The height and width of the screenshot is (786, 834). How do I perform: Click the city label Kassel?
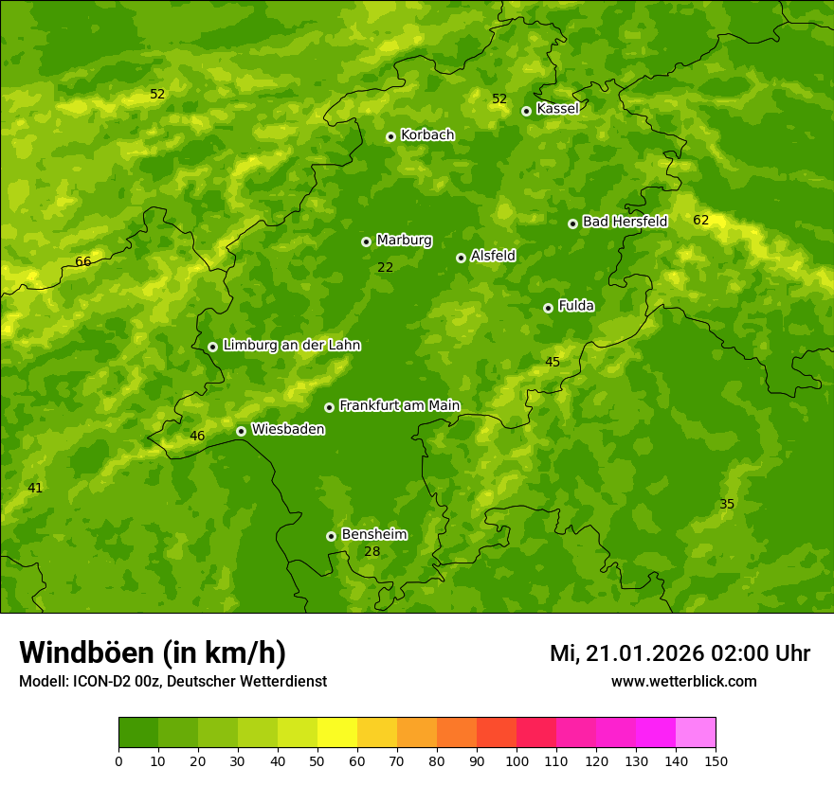point(557,109)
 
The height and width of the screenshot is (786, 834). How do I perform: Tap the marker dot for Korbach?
point(390,136)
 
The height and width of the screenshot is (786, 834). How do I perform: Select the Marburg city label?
point(404,241)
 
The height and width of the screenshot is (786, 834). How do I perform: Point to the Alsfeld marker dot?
point(461,258)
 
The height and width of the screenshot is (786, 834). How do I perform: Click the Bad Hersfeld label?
point(625,222)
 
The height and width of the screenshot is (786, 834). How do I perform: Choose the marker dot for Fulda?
point(548,308)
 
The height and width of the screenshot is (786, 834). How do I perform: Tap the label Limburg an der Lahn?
point(291,346)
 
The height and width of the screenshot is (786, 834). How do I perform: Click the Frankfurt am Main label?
point(399,406)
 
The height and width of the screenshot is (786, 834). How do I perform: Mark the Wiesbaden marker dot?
point(241,431)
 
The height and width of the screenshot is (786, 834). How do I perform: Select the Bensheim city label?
point(373,535)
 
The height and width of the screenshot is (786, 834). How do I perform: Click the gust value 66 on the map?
point(83,261)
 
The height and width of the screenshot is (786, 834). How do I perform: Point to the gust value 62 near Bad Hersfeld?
point(700,220)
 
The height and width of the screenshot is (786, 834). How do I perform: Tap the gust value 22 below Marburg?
point(385,268)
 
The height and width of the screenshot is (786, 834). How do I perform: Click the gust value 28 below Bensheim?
point(372,552)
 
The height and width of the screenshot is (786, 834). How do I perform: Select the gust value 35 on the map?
point(727,504)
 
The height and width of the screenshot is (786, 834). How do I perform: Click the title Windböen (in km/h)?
point(153,652)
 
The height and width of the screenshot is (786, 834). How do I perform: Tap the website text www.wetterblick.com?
point(683,682)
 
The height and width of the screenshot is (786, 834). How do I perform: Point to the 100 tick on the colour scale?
point(517,760)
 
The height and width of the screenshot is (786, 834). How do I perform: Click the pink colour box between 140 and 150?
point(696,732)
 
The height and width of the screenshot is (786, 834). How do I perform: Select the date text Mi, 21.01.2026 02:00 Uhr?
point(680,653)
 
